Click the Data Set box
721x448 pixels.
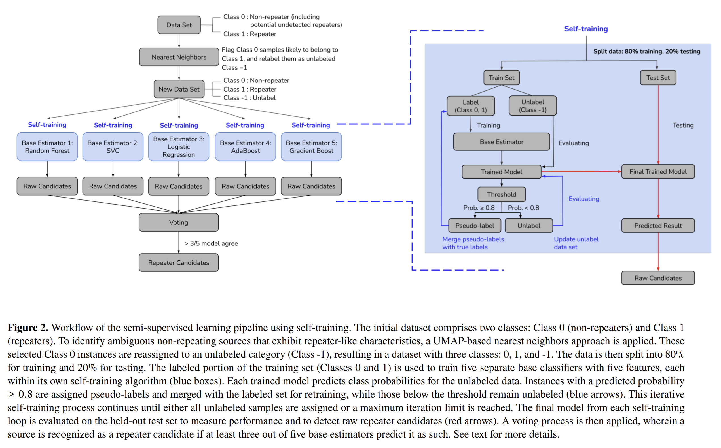[179, 25]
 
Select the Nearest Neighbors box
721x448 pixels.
[179, 57]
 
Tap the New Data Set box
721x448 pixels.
[179, 89]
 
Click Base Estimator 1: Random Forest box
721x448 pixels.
[47, 147]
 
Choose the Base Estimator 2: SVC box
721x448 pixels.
[113, 147]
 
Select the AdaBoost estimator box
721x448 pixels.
[245, 147]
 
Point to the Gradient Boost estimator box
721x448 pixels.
[311, 147]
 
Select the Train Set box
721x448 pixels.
[501, 78]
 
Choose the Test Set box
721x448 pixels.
[658, 78]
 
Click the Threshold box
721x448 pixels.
[501, 194]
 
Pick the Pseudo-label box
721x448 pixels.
[474, 226]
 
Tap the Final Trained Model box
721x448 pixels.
[658, 171]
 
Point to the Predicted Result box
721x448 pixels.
[658, 226]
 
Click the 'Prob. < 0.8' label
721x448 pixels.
[523, 208]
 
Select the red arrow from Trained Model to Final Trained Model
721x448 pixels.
[581, 171]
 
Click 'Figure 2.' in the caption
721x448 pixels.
[28, 327]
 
